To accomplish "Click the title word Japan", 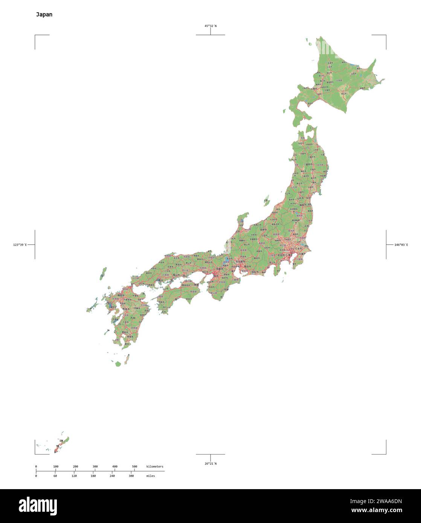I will point(44,15).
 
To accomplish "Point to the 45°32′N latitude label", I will point(210,26).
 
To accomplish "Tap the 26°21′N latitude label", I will point(210,464).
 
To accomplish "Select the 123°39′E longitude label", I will point(20,245).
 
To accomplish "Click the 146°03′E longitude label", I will point(401,245).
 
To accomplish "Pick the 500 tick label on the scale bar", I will point(134,467).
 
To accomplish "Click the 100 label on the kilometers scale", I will point(56,467).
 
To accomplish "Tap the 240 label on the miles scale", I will point(112,476).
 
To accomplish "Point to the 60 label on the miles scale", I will point(55,476).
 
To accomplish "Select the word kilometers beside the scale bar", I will point(155,467).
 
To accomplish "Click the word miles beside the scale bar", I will point(151,476).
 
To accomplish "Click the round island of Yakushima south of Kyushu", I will point(118,364).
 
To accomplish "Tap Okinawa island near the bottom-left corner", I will point(61,445).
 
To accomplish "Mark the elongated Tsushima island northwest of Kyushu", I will point(103,273).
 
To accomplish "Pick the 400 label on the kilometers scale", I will point(115,467).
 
